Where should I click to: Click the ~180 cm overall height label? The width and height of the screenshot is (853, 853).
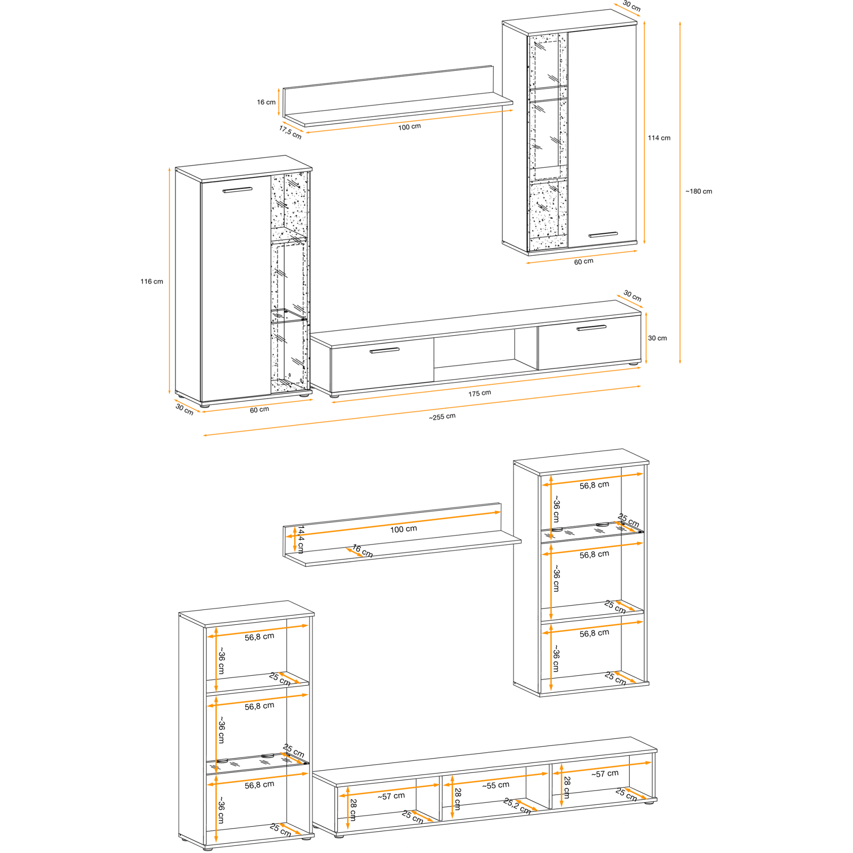coord(699,191)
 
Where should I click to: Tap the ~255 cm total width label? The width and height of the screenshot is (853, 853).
coord(442,416)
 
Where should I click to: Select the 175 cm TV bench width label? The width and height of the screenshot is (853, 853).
coord(479,393)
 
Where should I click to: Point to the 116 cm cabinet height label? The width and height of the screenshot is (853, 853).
coord(152,281)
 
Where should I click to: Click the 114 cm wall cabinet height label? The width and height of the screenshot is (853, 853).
coord(659,138)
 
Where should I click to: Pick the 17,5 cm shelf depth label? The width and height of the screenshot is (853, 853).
coord(290,132)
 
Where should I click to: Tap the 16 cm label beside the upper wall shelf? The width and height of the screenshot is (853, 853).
coord(266,102)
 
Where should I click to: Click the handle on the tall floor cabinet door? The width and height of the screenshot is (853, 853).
coord(238,190)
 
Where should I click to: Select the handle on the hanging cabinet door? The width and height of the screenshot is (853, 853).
coord(603,235)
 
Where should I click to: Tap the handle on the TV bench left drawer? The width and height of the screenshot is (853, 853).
coord(384,351)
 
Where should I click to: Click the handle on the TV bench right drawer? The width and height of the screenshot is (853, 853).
coord(592,328)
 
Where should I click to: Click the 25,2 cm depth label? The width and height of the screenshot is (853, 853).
coord(517,806)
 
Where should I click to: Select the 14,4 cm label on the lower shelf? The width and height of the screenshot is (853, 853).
coord(301,539)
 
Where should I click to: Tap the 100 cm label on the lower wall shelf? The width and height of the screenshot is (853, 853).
coord(403,529)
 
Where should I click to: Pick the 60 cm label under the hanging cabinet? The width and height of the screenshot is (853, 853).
coord(584,262)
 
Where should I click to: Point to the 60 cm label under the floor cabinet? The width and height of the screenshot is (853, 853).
coord(260,410)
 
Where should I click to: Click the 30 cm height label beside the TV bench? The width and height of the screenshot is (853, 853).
coord(657,338)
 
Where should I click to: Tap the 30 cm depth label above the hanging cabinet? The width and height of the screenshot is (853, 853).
coord(632,6)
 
